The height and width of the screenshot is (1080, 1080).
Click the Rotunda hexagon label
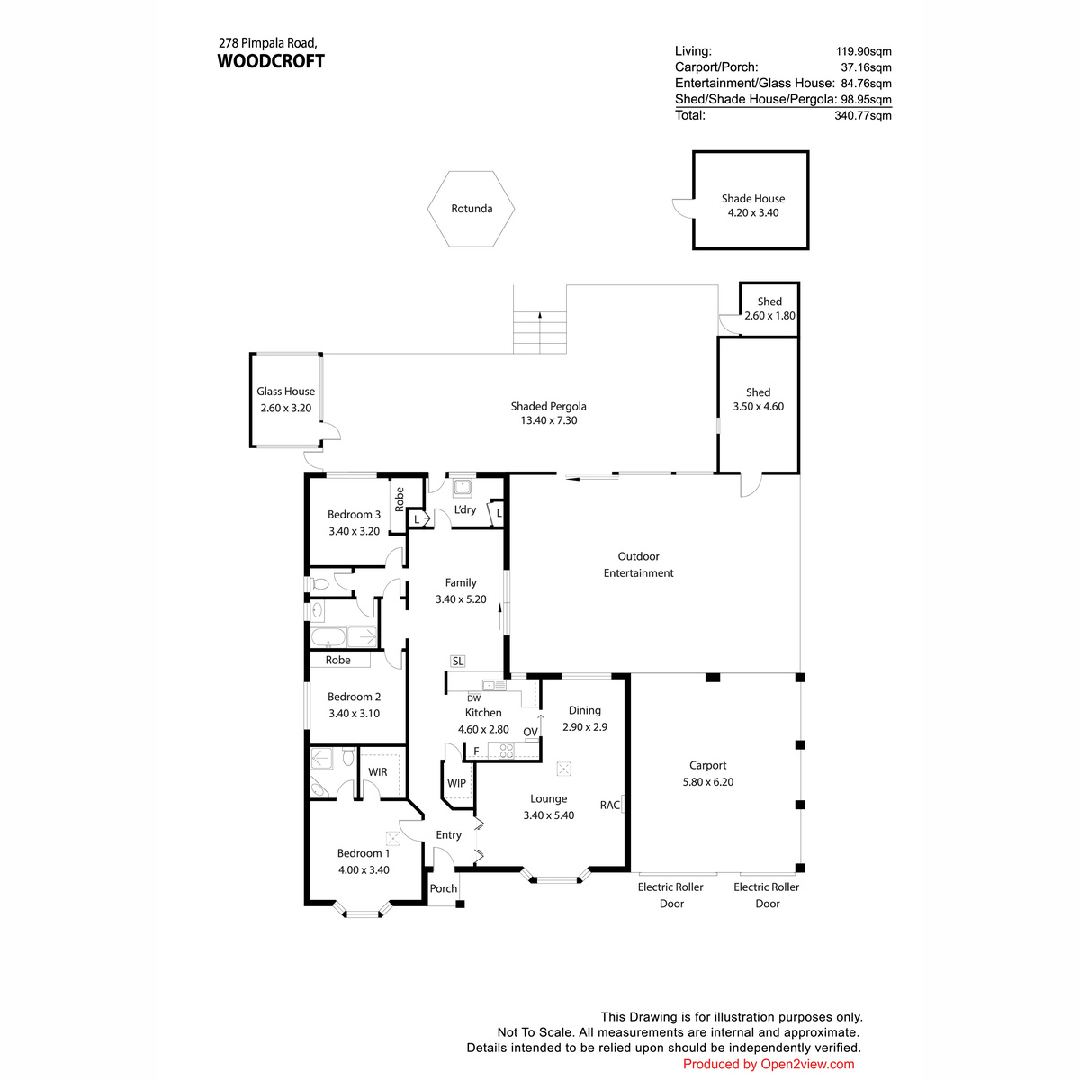point(472,209)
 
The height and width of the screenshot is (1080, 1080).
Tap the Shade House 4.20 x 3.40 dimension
point(752,212)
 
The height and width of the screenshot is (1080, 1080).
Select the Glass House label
point(285,391)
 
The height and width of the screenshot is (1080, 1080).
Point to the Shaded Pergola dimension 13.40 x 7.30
point(549,420)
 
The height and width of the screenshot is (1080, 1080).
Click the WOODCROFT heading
point(271,61)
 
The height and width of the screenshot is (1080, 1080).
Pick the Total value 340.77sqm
point(862,115)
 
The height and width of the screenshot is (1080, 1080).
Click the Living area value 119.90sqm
point(864,51)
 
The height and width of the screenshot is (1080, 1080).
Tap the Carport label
point(707,765)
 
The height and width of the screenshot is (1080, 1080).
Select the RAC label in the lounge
point(610,805)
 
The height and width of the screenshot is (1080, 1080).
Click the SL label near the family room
point(457,661)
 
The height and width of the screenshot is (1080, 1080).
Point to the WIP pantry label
point(456,783)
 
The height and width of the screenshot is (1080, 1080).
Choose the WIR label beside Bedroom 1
point(378,771)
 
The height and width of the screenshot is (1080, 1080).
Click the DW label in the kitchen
point(473,698)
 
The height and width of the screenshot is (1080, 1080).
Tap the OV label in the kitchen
point(530,732)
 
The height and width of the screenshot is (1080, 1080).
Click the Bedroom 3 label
point(354,514)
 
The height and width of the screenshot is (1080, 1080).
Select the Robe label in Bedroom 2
point(337,660)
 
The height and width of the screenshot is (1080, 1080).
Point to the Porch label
point(444,888)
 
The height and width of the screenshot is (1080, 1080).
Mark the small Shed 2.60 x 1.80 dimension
point(769,316)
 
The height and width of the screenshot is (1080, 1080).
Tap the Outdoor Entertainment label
point(638,564)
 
